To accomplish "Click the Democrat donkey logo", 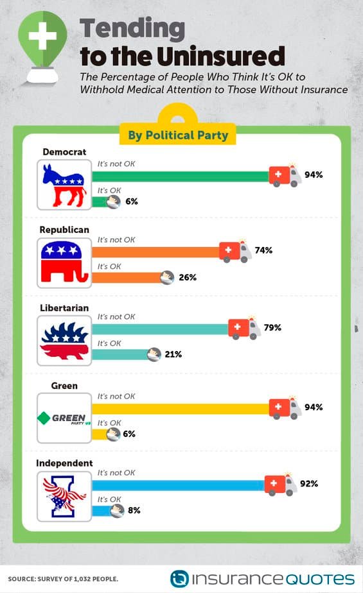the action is pos(64,185).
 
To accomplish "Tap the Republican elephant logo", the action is pos(64,262).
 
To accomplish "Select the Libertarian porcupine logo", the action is pos(64,340).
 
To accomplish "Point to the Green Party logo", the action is pos(64,418).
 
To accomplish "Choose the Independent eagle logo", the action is pos(64,496).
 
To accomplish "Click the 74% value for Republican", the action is pos(263,250).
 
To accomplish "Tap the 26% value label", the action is pos(188,277).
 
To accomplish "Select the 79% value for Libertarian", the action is pos(272,327).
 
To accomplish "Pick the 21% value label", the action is pos(173,354).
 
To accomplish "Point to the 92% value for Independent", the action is pos(309,483).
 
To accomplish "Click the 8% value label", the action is pos(134,510).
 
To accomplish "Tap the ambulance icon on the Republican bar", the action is pos(235,251).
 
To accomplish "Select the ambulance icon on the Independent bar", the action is pos(281,484).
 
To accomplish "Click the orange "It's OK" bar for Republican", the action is pos(127,278).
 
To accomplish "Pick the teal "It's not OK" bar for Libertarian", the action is pos(160,329).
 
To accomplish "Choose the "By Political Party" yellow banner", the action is pos(178,135).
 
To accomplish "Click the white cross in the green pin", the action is pos(42,36).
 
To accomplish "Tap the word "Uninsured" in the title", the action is pos(220,56).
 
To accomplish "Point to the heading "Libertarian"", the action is pos(64,308).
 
